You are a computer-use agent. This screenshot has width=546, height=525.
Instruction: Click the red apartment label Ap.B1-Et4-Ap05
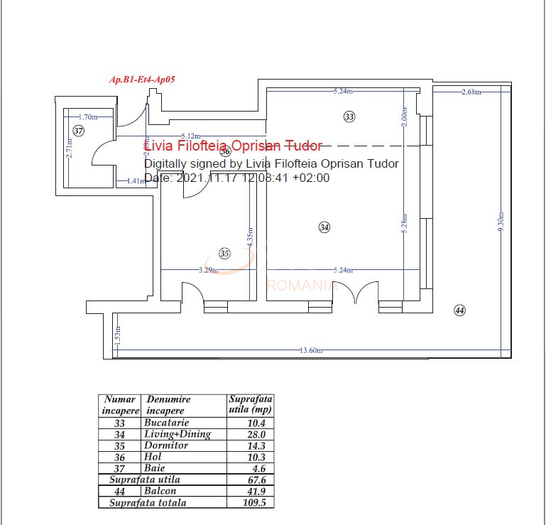coord(142,80)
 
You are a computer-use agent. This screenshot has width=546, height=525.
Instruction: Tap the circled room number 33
coord(349,117)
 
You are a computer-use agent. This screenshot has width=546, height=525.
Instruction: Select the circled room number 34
coord(324,227)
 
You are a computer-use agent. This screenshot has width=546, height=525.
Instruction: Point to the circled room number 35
coord(225,253)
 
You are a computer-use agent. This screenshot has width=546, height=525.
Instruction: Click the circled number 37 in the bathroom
coord(78,131)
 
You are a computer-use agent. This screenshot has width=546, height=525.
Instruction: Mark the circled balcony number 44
coord(459,310)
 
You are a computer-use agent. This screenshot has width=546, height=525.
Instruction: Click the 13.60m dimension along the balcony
coord(311,350)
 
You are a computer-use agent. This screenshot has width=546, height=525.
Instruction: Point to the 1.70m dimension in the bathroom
coord(87,117)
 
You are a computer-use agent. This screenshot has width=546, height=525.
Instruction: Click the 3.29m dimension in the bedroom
coord(208,270)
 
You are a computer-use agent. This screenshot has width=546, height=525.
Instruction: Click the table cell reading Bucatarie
coord(166,423)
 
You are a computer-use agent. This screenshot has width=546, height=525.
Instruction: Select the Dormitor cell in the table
coord(166,445)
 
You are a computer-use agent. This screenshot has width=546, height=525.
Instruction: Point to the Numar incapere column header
coord(120,405)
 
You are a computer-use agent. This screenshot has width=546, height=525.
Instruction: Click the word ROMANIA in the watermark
coord(301,286)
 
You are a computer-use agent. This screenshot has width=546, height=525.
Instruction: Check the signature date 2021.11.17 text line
coord(237,178)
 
